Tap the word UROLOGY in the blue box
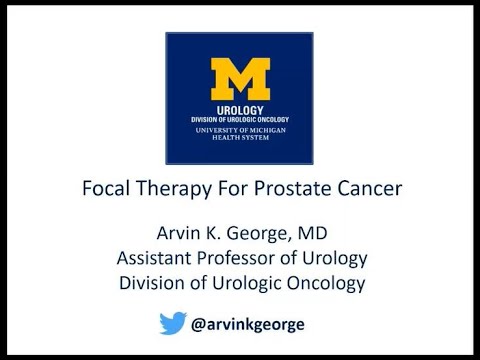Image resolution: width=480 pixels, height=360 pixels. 240,109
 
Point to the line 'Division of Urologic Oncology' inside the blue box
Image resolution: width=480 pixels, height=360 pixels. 240,120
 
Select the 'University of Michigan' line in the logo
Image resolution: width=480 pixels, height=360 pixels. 240,131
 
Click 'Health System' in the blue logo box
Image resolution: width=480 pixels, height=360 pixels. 240,139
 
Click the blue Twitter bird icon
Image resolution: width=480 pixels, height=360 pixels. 173,323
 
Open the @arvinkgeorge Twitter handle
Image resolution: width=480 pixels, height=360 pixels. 259,324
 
